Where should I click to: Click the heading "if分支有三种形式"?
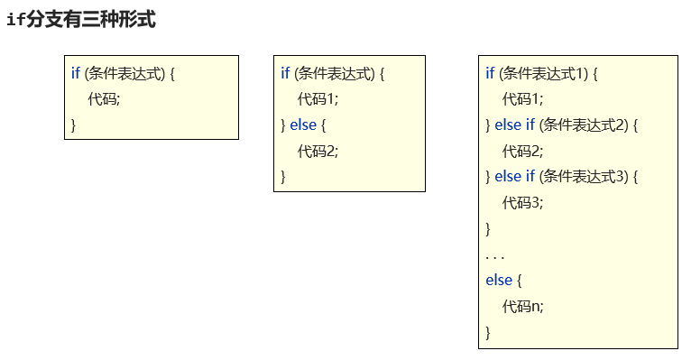[x=81, y=19]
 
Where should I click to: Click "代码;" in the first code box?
[x=104, y=99]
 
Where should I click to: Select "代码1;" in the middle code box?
[x=318, y=99]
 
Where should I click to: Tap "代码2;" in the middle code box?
[x=318, y=151]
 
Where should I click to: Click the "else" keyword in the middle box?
[x=303, y=125]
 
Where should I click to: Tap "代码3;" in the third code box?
[x=523, y=203]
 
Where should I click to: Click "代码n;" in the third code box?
[x=523, y=307]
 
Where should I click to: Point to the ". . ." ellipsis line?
[x=495, y=255]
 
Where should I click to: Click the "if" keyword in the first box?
[x=76, y=73]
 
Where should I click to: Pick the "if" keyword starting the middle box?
[x=285, y=73]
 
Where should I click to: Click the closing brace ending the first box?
[x=73, y=125]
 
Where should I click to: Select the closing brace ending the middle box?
[x=283, y=177]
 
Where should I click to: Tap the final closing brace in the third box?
[x=488, y=333]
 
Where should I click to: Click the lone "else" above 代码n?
[x=499, y=281]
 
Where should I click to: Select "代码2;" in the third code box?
[x=523, y=151]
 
